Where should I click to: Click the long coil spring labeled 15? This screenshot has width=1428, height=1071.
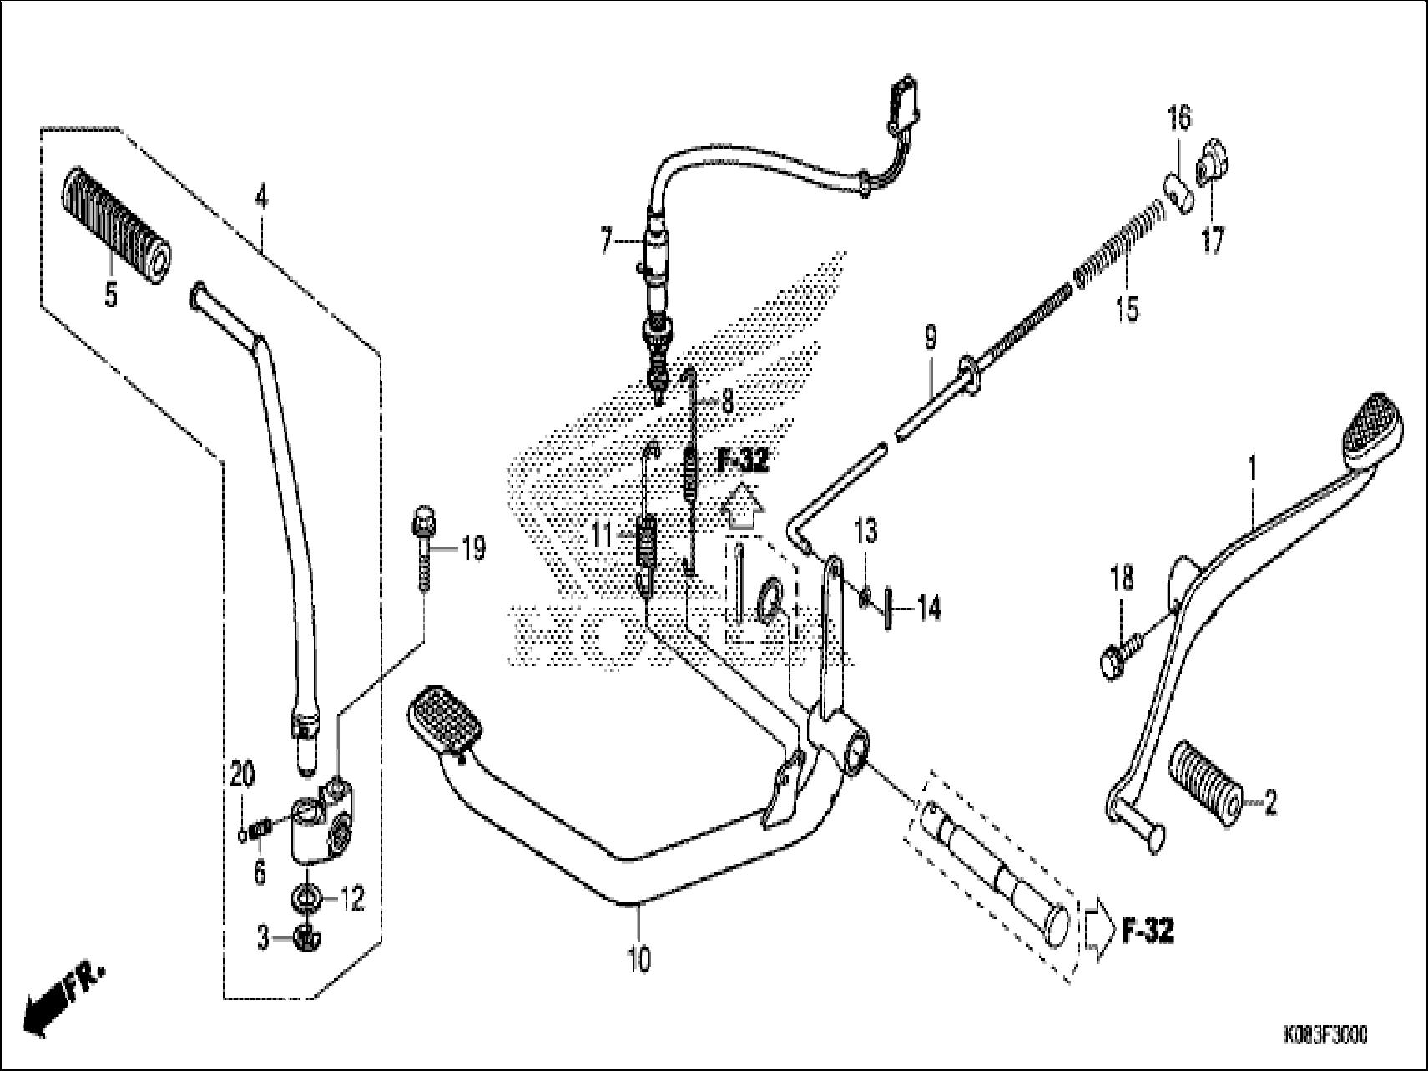tap(1118, 242)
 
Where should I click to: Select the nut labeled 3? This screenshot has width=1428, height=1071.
tap(306, 940)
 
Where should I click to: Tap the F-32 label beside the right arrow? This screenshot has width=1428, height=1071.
tap(1147, 932)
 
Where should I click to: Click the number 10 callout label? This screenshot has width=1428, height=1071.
tap(638, 960)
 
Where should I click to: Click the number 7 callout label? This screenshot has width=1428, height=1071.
tap(607, 243)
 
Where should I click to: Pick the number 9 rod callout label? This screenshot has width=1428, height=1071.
tap(930, 338)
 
